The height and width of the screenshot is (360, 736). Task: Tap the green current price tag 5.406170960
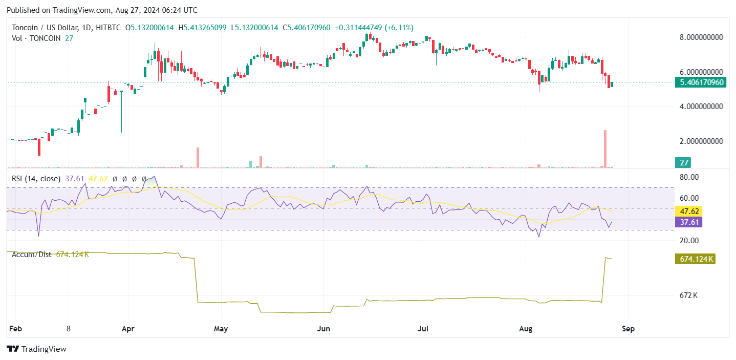[700, 82]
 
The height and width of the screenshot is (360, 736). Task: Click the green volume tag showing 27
[683, 163]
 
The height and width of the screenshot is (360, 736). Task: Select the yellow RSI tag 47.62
[687, 211]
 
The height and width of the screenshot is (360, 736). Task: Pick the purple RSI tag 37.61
[687, 222]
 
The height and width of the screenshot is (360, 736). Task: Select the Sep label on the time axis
[628, 329]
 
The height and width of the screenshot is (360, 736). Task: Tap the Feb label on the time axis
[15, 329]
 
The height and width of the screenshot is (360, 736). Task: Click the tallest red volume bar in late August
[605, 149]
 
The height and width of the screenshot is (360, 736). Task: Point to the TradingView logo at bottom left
[37, 349]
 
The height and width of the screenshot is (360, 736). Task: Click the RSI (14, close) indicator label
[36, 179]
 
